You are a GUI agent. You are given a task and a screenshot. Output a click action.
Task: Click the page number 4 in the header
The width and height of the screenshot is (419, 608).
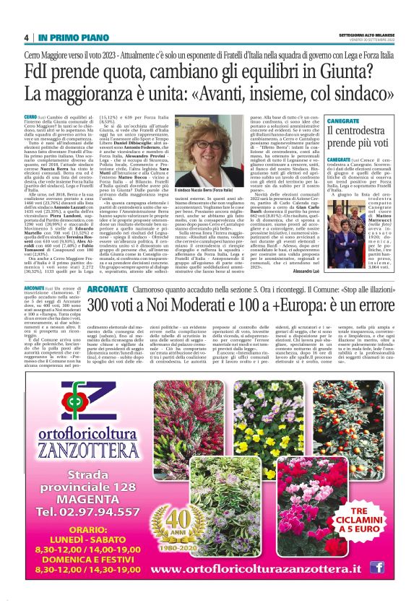(26, 38)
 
